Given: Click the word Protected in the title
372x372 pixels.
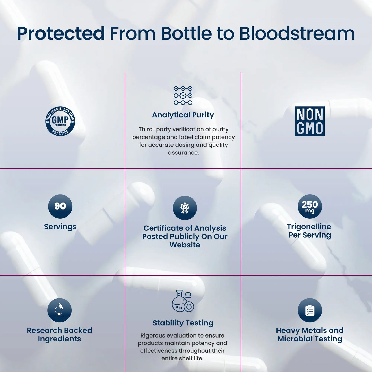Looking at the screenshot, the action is click(x=61, y=33).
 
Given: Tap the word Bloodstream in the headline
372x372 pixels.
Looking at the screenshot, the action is click(x=297, y=33).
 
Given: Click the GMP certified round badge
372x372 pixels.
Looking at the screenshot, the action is click(x=60, y=121).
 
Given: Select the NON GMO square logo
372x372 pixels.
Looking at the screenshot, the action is click(x=310, y=121).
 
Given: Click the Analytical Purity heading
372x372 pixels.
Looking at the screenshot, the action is click(x=183, y=115).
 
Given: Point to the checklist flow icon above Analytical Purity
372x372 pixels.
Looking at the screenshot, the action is click(x=183, y=96).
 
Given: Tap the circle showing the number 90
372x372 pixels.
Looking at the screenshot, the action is click(x=60, y=206).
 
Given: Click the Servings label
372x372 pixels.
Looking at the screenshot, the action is click(x=60, y=227).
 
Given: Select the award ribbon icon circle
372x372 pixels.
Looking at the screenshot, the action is click(x=185, y=208).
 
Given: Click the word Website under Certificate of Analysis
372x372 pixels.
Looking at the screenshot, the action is click(x=185, y=245).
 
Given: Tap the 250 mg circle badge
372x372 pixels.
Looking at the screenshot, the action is click(x=310, y=206).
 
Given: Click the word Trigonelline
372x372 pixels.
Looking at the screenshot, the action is click(x=309, y=227).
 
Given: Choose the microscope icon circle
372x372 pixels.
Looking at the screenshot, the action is click(x=59, y=310).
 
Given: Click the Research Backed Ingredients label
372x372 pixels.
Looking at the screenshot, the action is click(x=59, y=335).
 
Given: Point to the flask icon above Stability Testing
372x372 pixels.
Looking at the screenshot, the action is click(x=183, y=301).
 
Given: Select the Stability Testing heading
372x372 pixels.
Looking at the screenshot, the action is click(x=183, y=323).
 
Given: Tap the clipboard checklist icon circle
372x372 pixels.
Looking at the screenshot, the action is click(x=310, y=310).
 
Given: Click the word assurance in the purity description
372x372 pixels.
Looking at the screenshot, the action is click(x=183, y=153).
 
